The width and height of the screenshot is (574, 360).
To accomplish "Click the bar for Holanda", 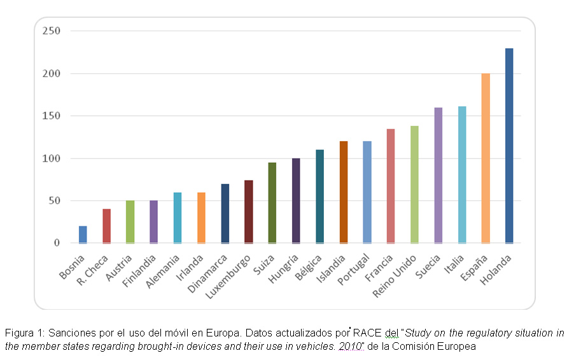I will [x=508, y=146].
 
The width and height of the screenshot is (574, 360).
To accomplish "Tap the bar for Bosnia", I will [x=83, y=235].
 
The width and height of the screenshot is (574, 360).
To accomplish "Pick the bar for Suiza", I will [x=272, y=203].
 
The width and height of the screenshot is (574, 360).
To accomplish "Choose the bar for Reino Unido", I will [x=414, y=184].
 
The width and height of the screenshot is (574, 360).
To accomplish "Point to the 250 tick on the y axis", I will [x=52, y=31].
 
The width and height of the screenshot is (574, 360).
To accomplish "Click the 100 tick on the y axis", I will [x=52, y=158].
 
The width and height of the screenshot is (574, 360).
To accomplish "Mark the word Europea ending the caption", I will [x=458, y=347].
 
